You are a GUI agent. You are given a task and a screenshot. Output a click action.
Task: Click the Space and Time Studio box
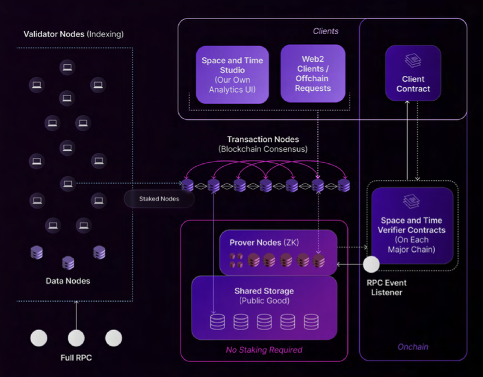point(232,75)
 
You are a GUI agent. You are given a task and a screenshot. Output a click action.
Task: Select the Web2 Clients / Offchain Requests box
point(313,74)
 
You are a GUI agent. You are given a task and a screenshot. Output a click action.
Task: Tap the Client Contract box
point(413,73)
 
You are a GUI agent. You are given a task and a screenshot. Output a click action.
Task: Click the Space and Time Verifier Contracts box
point(412,226)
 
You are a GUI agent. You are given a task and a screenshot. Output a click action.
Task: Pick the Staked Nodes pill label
point(159,199)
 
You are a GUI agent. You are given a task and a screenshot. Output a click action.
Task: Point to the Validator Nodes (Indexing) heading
point(74,34)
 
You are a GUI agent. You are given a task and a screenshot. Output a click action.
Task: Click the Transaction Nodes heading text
point(263,140)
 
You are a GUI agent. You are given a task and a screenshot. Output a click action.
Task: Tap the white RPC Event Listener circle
point(371,264)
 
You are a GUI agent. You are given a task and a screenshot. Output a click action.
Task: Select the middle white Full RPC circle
point(76,338)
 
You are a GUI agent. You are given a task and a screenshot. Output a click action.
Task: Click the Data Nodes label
point(68,281)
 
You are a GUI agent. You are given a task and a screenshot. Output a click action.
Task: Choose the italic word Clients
point(325,31)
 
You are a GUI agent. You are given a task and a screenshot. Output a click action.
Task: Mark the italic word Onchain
point(413,347)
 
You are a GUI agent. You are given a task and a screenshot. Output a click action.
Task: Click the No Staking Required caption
point(264,350)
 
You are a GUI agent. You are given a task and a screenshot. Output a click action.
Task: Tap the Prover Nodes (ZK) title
point(264,243)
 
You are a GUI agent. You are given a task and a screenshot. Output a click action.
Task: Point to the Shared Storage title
point(264,291)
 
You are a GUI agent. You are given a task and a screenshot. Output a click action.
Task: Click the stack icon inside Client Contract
point(413,60)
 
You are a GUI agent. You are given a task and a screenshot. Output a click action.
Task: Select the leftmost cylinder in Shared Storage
point(217,322)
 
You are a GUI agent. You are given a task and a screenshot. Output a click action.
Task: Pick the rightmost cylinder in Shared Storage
point(311,322)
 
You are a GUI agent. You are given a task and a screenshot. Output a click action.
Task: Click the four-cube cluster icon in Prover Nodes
point(236,260)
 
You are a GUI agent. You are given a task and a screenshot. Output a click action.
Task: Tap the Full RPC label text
point(76,358)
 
